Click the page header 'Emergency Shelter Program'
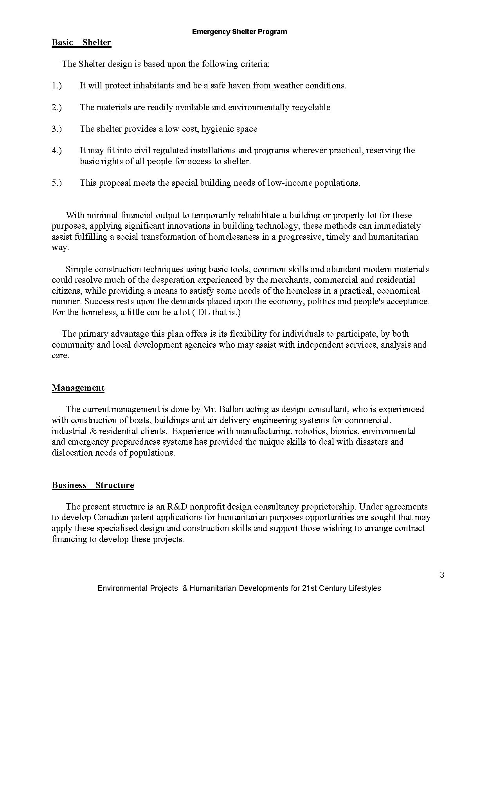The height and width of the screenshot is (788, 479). (239, 32)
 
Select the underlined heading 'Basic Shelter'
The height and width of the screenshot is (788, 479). (81, 43)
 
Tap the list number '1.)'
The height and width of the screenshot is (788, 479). (57, 86)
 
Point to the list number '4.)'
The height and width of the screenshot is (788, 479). (57, 151)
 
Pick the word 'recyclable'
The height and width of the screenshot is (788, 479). (311, 108)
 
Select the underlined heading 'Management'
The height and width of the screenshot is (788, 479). (78, 388)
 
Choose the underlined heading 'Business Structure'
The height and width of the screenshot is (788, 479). (93, 485)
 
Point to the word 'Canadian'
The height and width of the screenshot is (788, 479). (110, 517)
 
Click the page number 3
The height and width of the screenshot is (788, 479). (442, 575)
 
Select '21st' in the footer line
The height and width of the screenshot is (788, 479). (308, 588)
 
